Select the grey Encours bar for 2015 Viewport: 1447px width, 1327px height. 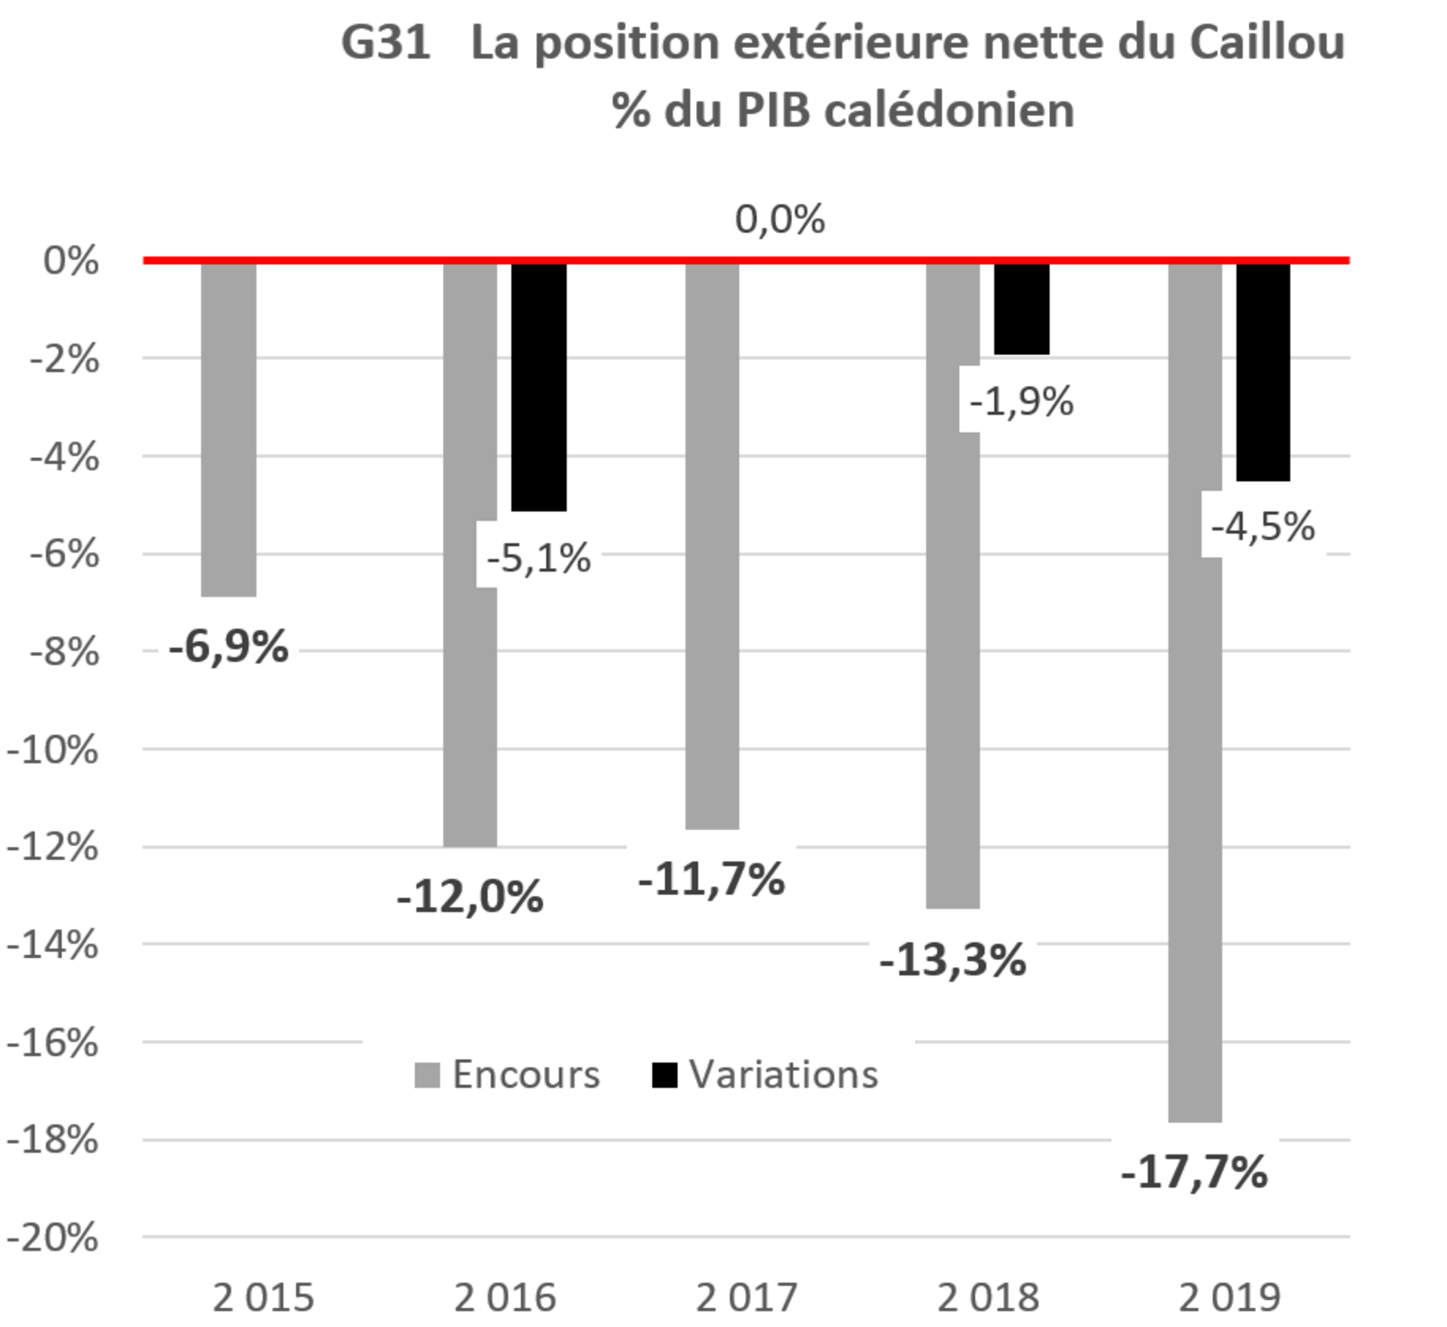(228, 431)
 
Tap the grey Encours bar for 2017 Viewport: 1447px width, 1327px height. (712, 546)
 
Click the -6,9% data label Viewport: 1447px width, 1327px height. (228, 644)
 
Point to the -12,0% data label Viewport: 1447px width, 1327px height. (470, 895)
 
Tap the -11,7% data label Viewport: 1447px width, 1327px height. (711, 877)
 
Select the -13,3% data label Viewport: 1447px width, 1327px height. (952, 957)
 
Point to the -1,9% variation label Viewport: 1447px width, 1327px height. (1022, 399)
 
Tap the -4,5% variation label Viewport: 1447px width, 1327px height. (1264, 524)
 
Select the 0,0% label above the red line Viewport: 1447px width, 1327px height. (780, 218)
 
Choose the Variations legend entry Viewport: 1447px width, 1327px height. (766, 1075)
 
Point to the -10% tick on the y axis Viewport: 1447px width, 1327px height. (53, 749)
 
